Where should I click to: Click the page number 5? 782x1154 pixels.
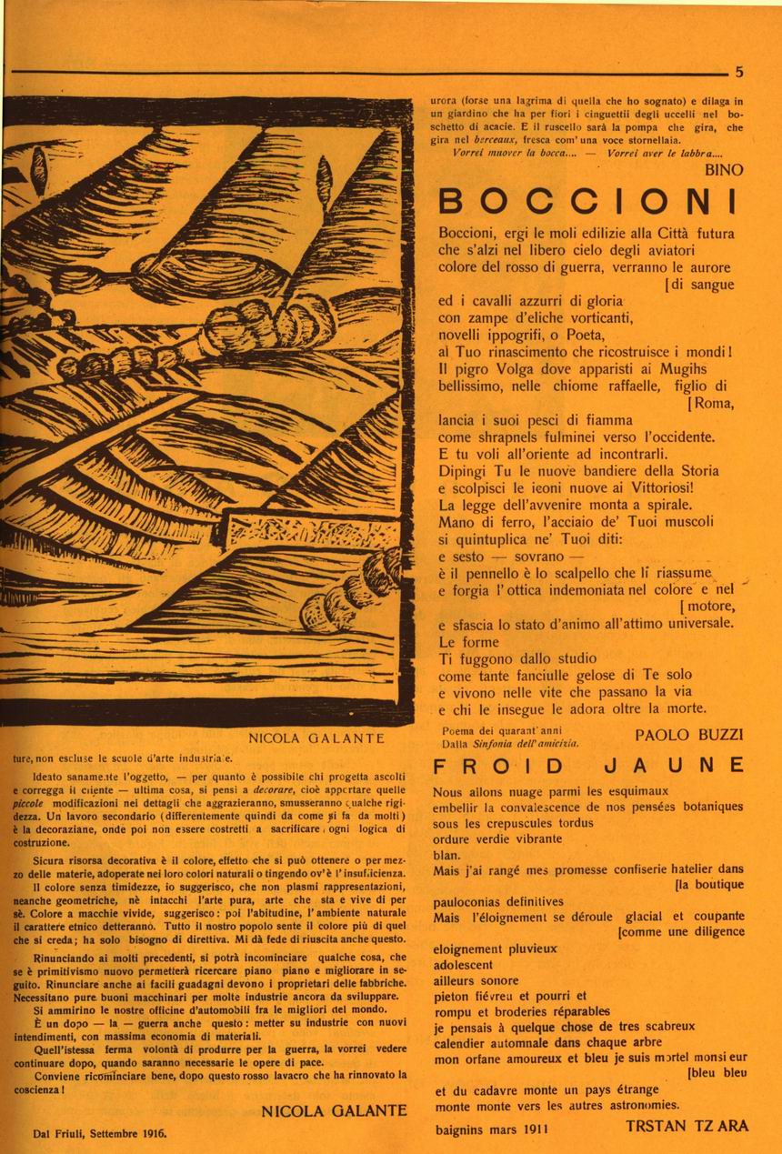point(739,72)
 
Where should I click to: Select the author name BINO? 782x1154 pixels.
point(724,169)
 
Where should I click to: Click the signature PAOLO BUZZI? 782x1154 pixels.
point(689,733)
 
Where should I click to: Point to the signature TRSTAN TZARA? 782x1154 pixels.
point(687,1126)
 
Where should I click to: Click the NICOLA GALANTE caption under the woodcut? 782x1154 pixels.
point(316,738)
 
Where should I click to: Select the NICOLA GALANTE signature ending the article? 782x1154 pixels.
point(334,1110)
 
